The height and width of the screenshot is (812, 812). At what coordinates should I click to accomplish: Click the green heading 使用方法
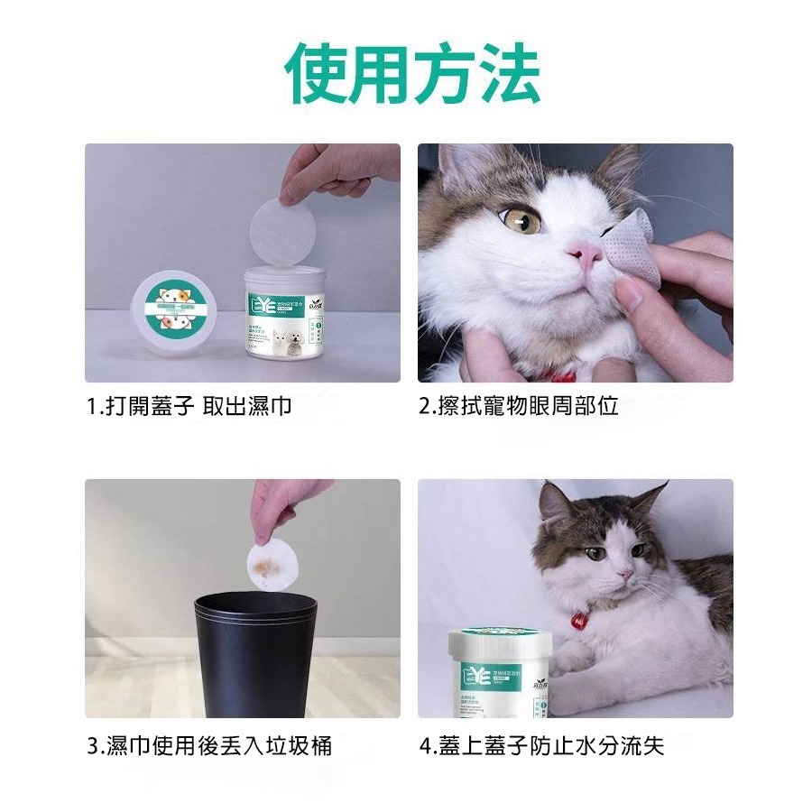[x=412, y=73]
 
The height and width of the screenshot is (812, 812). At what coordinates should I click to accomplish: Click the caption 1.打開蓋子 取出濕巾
[x=189, y=406]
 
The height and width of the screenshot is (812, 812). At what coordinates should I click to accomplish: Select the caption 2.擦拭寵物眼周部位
[x=519, y=406]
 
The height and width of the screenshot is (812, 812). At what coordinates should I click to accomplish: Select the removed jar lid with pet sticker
[x=180, y=306]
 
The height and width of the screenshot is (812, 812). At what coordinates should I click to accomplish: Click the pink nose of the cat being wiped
[x=585, y=255]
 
